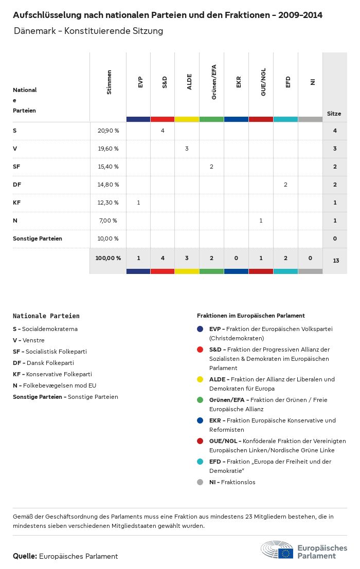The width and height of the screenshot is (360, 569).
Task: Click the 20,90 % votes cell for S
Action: tap(108, 131)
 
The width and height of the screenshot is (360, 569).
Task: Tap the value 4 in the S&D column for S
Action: tap(163, 131)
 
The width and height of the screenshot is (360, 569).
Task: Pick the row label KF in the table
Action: tap(16, 203)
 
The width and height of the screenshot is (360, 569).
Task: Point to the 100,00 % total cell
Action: tap(108, 258)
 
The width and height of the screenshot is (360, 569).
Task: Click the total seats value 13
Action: tap(336, 261)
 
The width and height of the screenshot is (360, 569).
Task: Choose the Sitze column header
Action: tap(334, 114)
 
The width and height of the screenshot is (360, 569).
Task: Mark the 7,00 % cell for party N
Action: tap(107, 221)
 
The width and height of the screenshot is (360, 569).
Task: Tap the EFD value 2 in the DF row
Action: tap(285, 185)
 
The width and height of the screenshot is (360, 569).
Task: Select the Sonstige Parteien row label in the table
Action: tap(38, 238)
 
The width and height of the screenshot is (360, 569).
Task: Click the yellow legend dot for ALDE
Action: tap(200, 379)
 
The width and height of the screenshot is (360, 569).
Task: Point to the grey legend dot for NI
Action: tap(200, 482)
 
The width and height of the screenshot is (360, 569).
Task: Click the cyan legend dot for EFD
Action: tap(200, 462)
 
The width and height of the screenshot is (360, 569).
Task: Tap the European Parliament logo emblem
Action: tap(277, 550)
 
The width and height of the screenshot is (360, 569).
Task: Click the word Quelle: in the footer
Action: tap(25, 556)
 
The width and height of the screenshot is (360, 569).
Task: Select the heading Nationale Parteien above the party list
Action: tap(46, 316)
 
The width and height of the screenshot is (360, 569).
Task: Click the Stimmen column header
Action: tap(109, 82)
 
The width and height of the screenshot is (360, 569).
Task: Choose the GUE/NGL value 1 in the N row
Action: tap(261, 221)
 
